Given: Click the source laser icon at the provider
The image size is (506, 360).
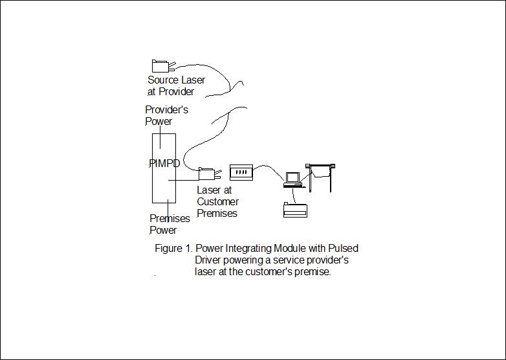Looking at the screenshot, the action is tap(163, 66).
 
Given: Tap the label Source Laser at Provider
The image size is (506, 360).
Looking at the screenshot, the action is tap(176, 85).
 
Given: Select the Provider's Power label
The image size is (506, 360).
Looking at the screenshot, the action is tap(166, 115).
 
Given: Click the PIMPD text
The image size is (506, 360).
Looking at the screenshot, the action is tap(164, 163).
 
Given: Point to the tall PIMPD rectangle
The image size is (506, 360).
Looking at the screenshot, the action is tap(153, 168).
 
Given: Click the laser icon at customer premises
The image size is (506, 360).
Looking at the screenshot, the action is tap(210, 174).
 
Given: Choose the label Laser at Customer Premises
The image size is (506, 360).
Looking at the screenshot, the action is tap(217, 201).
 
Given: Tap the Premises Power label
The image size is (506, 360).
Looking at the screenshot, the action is tap(170, 224).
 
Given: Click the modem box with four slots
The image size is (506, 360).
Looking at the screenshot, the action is tap(241, 172).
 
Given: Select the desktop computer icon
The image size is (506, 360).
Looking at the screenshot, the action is tap(293, 180).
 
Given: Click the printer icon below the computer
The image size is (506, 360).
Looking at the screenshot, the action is tap(295, 210).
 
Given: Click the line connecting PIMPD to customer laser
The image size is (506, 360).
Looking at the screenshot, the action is tap(183, 180).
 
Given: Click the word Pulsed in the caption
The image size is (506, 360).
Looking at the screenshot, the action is tap(344, 248).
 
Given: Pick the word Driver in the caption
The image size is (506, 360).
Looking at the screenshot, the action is tap(208, 260).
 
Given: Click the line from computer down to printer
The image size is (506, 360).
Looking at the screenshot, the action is tap(293, 196).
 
